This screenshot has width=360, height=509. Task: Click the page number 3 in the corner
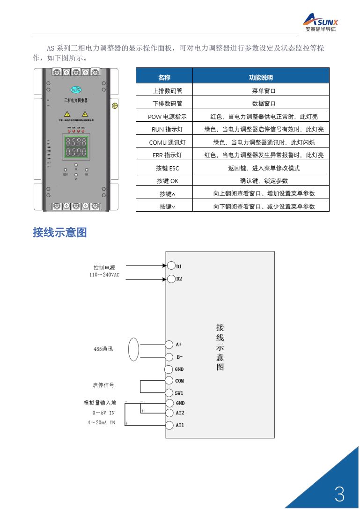[340, 494]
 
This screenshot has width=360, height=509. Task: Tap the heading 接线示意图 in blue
[59, 232]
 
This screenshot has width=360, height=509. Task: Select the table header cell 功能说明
[261, 78]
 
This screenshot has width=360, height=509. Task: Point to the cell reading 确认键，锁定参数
[261, 181]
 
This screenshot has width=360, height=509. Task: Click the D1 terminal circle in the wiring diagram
[171, 266]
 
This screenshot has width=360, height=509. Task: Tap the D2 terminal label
[179, 279]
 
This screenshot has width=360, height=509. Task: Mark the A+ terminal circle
[169, 345]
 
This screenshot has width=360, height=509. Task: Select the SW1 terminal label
[179, 393]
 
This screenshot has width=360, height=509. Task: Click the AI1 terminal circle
[169, 425]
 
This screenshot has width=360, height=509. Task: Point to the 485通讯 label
[103, 349]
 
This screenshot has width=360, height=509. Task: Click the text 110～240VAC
[104, 275]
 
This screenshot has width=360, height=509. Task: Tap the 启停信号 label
[103, 385]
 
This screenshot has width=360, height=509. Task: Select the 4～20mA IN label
[101, 422]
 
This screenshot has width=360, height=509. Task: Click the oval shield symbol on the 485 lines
[134, 349]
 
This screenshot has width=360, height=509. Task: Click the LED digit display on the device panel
[76, 147]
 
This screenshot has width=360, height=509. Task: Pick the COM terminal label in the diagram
[179, 381]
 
